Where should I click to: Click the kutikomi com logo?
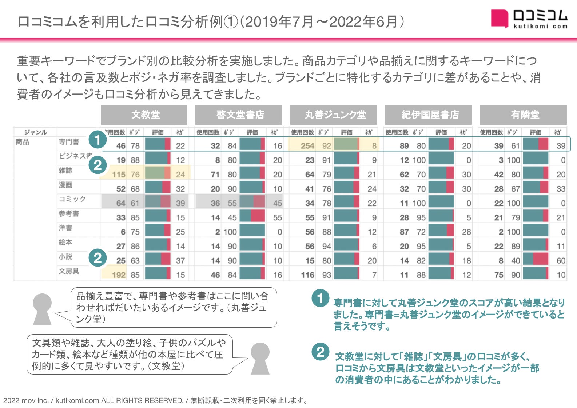tap(529, 19)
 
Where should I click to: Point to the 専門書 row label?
tap(69, 141)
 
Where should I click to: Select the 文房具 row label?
tap(69, 271)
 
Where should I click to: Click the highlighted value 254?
tap(307, 146)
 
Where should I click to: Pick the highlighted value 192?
tap(119, 275)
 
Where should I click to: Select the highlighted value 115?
tap(119, 175)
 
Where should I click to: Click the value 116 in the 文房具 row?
tap(307, 275)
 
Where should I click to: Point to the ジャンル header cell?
tap(35, 132)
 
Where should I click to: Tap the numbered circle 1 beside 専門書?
tap(97, 140)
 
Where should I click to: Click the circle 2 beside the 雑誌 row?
tap(98, 165)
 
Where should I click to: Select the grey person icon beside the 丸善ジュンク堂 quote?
tap(42, 309)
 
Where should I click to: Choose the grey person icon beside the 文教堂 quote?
tap(260, 358)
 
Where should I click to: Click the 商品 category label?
tap(23, 141)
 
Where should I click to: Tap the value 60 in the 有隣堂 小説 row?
tap(561, 261)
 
